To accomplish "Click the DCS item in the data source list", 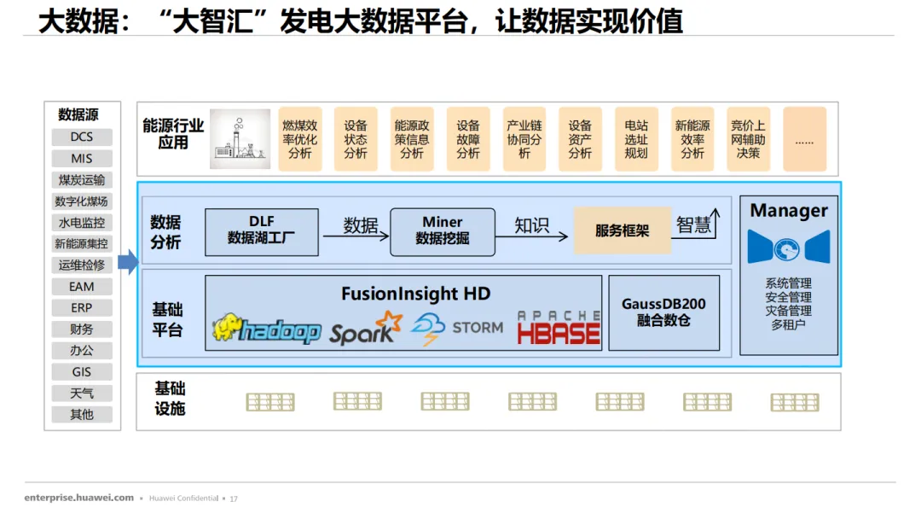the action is [82, 137].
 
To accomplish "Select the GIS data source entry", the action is [82, 372].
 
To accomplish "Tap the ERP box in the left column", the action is [82, 308].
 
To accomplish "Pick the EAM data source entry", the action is [82, 287].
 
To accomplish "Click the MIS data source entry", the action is [82, 159].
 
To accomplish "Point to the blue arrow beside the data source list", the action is [127, 263].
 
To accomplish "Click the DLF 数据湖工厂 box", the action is [261, 231].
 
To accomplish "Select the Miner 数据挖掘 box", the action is [442, 231].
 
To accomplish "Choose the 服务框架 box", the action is [622, 230].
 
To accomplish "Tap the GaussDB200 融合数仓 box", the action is [663, 312].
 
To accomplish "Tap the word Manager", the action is [789, 210].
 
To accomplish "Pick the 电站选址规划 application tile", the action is [636, 139].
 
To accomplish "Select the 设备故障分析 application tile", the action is [468, 139].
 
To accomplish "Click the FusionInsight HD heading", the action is [415, 294].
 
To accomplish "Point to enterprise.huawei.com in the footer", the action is [79, 498].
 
